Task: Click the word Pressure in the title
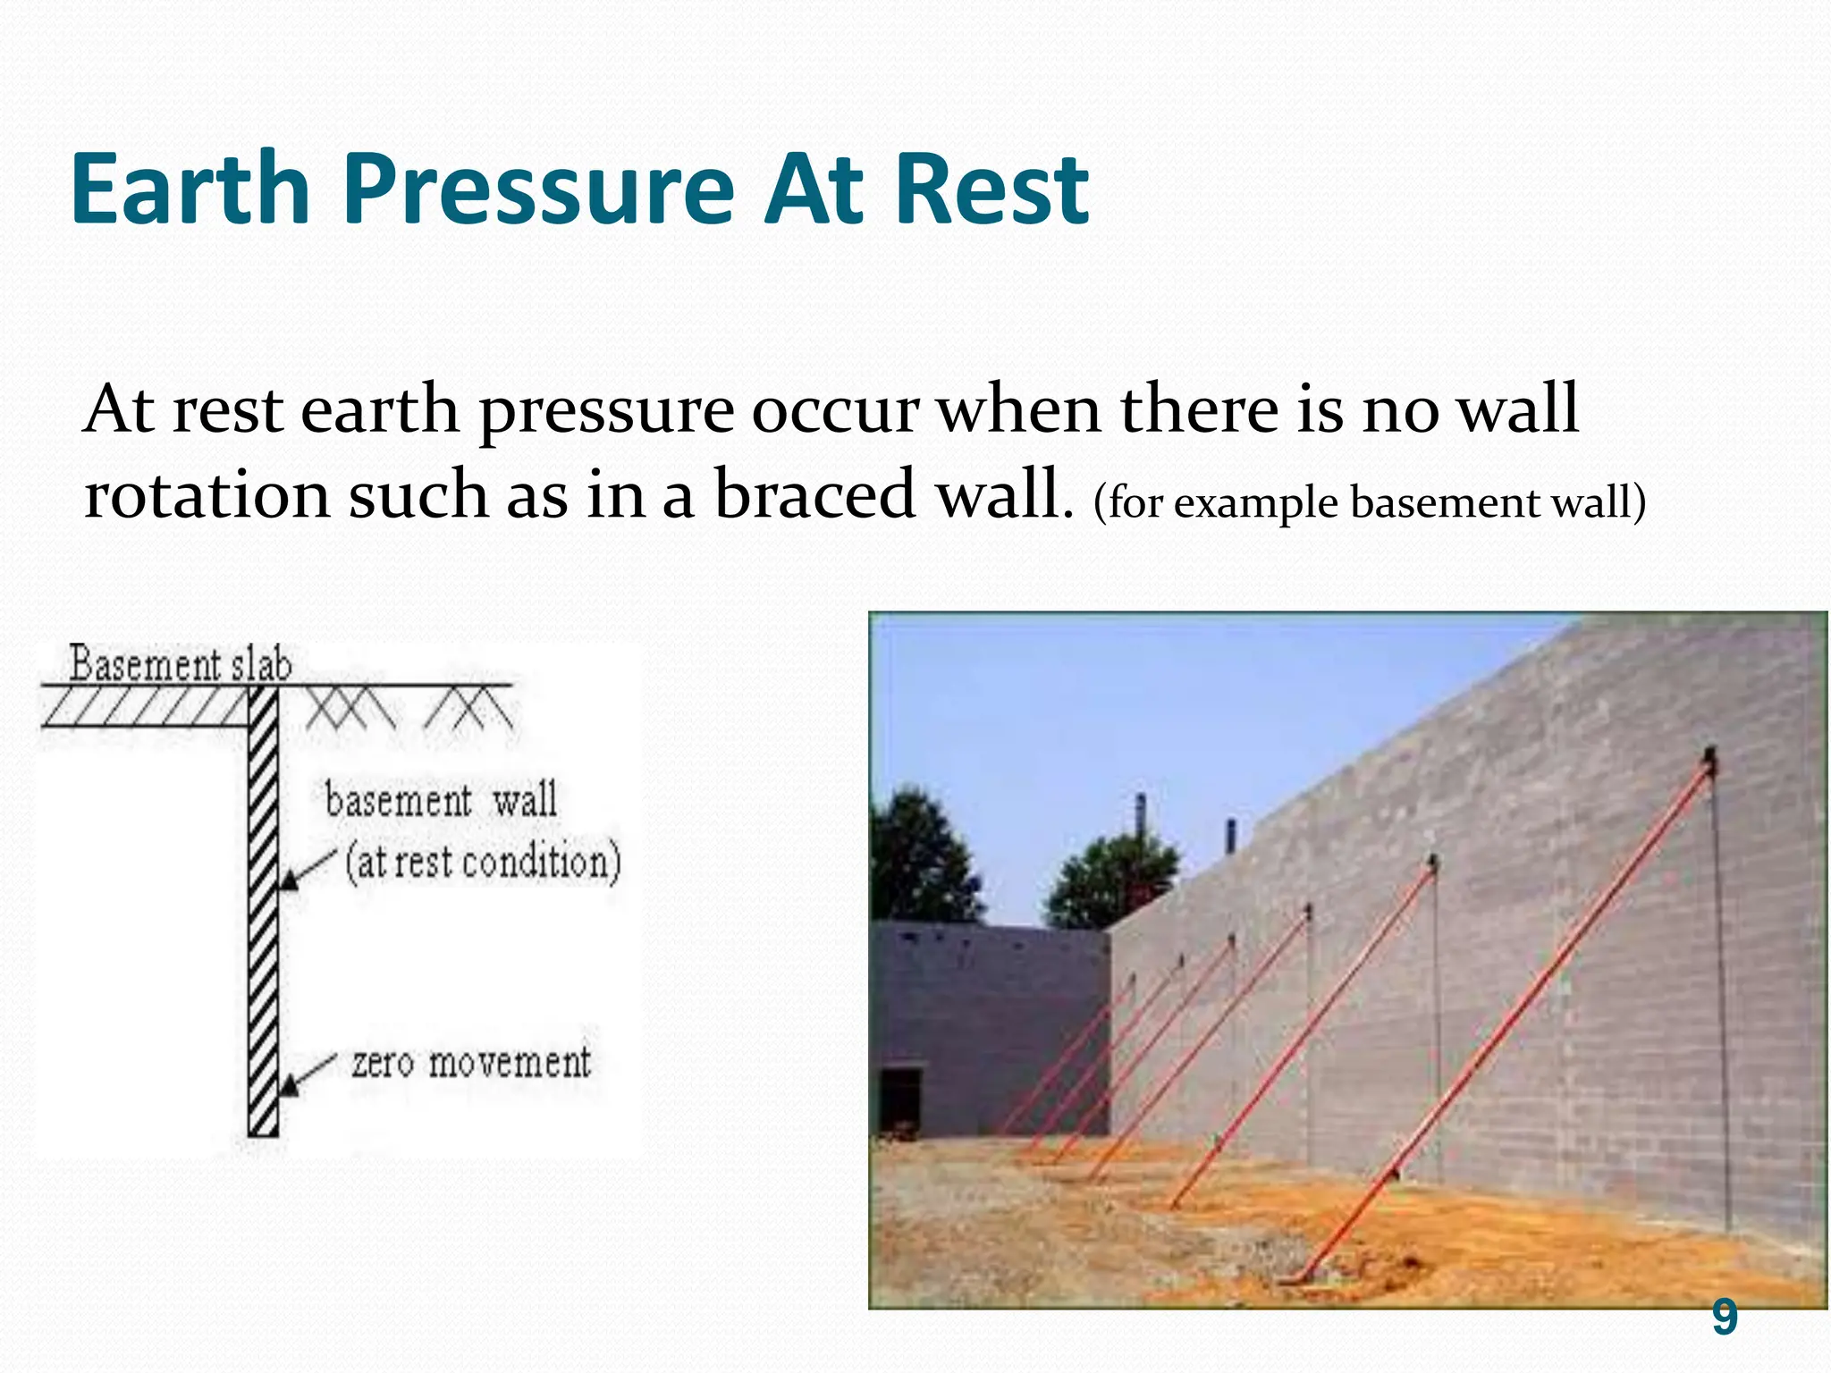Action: [537, 190]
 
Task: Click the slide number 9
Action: [1724, 1318]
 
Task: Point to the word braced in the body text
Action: [814, 494]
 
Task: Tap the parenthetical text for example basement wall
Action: [1368, 502]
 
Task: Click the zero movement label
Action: [470, 1063]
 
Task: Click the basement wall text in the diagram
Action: [441, 799]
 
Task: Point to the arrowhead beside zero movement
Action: [289, 1087]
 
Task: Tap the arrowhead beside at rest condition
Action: [289, 880]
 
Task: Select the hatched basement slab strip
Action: [143, 706]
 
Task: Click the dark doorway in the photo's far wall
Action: [899, 1101]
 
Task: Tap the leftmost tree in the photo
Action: [916, 858]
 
